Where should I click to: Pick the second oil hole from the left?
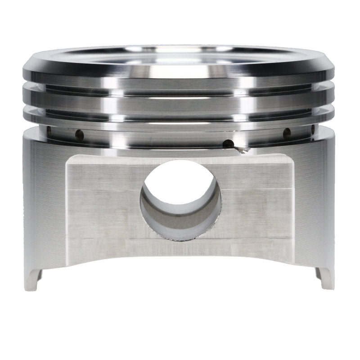coord(79,133)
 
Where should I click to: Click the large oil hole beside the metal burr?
coord(228,144)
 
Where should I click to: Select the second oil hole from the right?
coord(286,132)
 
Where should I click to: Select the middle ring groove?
coord(180,104)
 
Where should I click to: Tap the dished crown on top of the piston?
coord(180,56)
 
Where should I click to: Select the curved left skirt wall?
coord(43,202)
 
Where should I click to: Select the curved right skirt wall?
coord(315,202)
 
